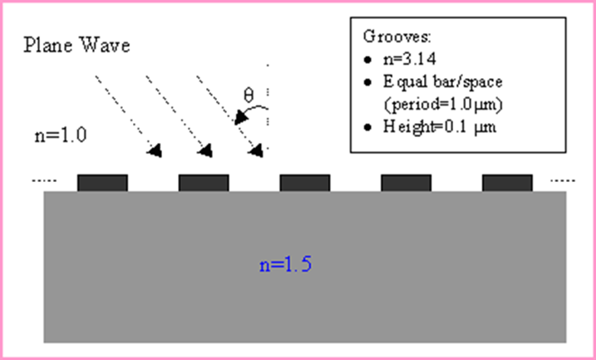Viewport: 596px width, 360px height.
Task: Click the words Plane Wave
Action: [x=76, y=45]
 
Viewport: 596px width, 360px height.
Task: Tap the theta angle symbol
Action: [x=249, y=95]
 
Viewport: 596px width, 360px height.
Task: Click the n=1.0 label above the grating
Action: [x=61, y=135]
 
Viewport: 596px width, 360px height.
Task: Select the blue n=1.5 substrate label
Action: [x=285, y=264]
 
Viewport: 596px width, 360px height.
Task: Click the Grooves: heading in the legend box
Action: [x=397, y=37]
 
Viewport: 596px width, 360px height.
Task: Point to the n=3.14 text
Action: [x=409, y=59]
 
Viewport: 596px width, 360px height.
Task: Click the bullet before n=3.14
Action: [x=367, y=60]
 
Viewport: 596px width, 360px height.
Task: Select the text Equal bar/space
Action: [x=442, y=82]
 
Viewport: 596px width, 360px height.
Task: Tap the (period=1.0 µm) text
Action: [x=443, y=105]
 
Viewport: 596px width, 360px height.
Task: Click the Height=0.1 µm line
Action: [x=440, y=126]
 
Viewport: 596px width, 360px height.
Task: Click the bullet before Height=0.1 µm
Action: [x=367, y=127]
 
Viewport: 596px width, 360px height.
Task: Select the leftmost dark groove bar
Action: [x=102, y=183]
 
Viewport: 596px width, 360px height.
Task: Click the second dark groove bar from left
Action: [x=204, y=183]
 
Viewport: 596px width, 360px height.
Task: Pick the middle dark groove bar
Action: [x=305, y=183]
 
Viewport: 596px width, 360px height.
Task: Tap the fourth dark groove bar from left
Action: [x=406, y=183]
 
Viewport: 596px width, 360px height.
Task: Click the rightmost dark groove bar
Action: [x=507, y=183]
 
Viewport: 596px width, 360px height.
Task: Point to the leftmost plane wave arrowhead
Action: [x=155, y=151]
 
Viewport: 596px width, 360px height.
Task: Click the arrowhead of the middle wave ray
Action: [x=205, y=151]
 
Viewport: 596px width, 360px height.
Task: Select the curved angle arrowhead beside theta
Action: [x=240, y=117]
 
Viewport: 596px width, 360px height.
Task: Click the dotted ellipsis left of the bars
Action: [x=44, y=181]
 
